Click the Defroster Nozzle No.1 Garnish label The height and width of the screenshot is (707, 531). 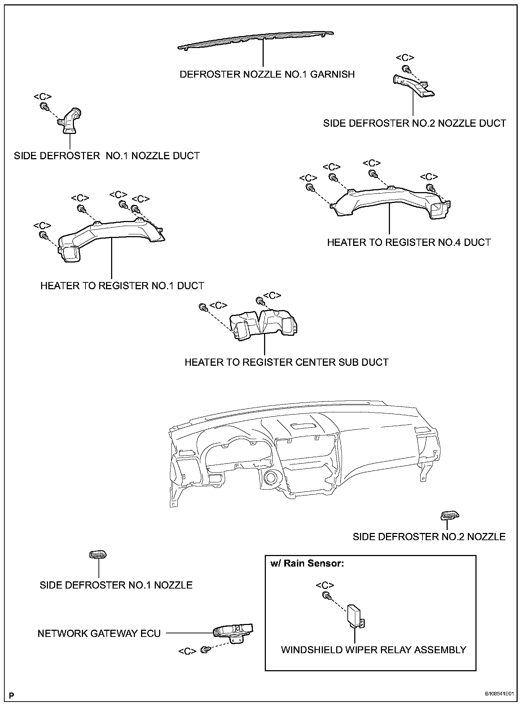267,74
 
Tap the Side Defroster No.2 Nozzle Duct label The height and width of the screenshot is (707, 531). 414,123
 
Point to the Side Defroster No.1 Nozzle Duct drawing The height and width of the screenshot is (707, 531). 70,121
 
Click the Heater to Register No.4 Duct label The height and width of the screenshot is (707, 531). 409,242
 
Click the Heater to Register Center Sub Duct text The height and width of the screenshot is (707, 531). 286,362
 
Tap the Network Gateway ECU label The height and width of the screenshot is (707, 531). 99,633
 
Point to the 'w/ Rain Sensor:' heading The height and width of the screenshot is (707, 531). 307,564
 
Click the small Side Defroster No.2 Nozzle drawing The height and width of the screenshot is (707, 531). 450,516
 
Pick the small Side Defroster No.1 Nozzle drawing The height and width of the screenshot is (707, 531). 98,555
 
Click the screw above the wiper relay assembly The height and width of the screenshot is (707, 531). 326,595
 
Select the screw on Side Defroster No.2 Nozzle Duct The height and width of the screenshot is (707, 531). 405,68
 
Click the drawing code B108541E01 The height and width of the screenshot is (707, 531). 499,694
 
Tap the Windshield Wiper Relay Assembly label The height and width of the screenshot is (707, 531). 373,650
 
